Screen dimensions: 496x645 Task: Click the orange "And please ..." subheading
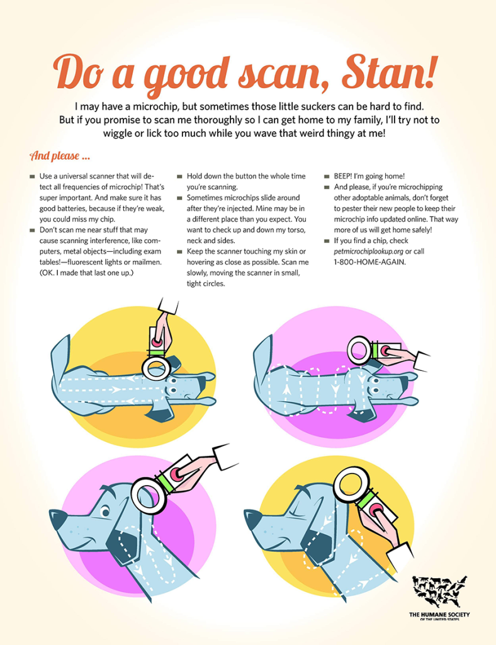[60, 156]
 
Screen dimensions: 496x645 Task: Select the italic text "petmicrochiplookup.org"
[368, 251]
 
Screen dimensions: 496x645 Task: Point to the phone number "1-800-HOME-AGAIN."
[369, 262]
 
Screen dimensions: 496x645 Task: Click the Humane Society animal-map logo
[440, 591]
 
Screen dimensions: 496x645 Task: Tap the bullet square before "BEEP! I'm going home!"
[327, 176]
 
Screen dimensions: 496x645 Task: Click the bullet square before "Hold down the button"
[179, 176]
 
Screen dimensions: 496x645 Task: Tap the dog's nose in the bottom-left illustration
[57, 519]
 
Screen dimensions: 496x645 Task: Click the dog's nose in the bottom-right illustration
[252, 519]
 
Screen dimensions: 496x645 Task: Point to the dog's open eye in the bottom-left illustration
[106, 512]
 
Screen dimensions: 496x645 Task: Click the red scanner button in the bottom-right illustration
[376, 511]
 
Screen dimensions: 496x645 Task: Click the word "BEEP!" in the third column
[342, 176]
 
